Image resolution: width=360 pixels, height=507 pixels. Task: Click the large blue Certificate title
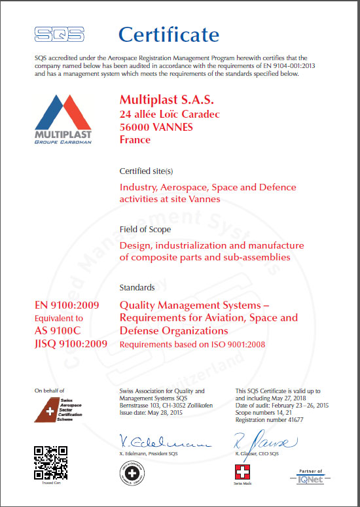(x=168, y=34)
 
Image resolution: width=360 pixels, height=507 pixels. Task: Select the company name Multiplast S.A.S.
(x=167, y=100)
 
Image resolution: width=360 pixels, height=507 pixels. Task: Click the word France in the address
(x=135, y=139)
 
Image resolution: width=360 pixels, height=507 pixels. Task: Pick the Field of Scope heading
(x=145, y=229)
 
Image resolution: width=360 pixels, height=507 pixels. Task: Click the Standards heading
(x=137, y=287)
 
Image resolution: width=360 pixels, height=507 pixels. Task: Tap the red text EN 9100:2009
(x=67, y=305)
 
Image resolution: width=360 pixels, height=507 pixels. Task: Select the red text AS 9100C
(x=60, y=331)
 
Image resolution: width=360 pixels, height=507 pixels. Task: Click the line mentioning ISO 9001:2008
(x=192, y=345)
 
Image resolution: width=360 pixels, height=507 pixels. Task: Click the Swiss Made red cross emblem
(x=242, y=473)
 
